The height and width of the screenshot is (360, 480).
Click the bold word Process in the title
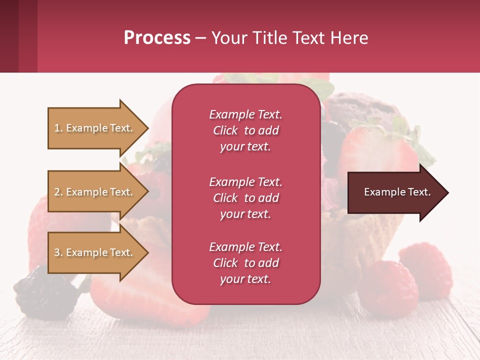point(157,38)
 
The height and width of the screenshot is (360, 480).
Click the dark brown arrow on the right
point(395,192)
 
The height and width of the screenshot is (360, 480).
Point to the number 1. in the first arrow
point(58,128)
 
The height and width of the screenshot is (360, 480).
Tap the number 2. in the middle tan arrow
point(58,192)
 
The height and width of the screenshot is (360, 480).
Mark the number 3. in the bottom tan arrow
point(58,252)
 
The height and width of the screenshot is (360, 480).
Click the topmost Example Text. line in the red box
point(245,114)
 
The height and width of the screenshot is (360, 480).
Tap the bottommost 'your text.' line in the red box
point(245,279)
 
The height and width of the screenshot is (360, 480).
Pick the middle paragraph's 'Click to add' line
point(245,198)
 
